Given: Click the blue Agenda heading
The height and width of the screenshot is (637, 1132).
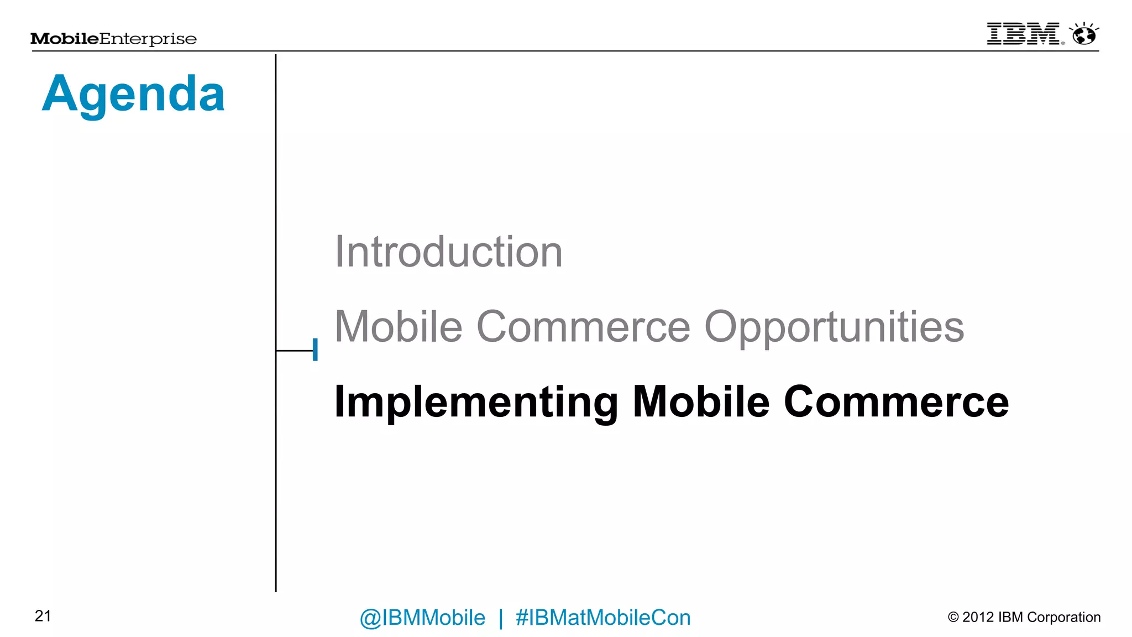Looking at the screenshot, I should click(133, 94).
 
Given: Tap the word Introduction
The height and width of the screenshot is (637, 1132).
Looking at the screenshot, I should click(448, 252).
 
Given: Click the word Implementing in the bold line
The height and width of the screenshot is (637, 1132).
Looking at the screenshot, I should click(476, 402).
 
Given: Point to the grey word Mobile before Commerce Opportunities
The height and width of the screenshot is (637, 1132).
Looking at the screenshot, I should click(398, 326).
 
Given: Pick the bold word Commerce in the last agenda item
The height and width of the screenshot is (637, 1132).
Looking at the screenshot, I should click(896, 402).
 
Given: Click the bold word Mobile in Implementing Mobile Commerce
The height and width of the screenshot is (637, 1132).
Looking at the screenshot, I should click(700, 402).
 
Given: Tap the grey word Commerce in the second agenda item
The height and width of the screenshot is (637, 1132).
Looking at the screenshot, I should click(583, 327).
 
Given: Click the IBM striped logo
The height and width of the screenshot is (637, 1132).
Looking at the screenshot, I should click(1023, 34).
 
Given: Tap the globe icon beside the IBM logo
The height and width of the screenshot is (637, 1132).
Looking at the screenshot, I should click(1083, 34).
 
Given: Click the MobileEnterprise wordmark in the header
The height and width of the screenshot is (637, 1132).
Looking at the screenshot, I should click(113, 39).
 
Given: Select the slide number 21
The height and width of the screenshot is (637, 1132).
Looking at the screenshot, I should click(43, 616).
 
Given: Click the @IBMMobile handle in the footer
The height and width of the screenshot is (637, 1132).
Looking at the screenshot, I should click(422, 618).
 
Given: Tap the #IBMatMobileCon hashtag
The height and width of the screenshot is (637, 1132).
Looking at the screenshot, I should click(603, 618).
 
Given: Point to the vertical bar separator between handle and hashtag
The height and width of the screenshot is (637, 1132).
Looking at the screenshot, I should click(501, 618).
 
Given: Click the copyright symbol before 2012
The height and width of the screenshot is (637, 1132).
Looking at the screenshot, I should click(953, 617).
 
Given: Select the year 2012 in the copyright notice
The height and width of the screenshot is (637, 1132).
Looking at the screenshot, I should click(978, 617).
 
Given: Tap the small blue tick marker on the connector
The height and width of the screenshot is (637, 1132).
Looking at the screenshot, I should click(315, 350).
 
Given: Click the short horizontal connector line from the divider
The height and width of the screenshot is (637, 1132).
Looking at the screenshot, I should click(294, 351).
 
